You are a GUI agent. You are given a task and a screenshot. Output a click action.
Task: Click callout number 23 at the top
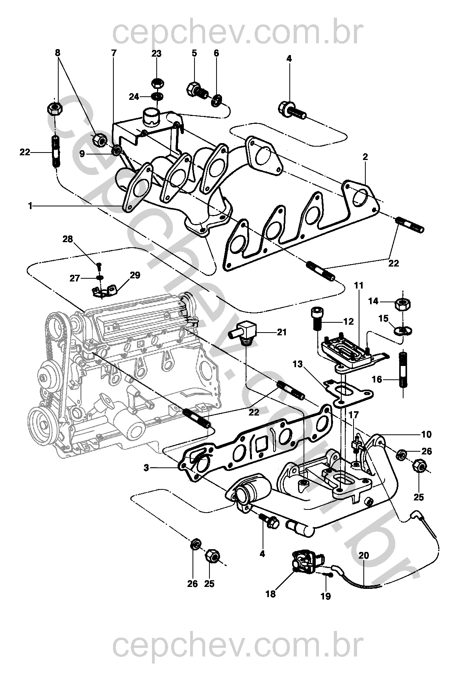click(x=156, y=53)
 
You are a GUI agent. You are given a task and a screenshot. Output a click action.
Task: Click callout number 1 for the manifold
click(x=30, y=206)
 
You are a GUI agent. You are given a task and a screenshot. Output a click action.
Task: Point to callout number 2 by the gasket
click(x=365, y=156)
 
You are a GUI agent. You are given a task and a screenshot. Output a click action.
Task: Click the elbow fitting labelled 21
click(x=244, y=333)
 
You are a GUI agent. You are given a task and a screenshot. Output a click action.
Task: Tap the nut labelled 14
click(x=403, y=305)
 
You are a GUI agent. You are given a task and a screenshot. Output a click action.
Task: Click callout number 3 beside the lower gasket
click(x=146, y=468)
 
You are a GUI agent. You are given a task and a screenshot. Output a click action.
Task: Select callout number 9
click(x=82, y=154)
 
